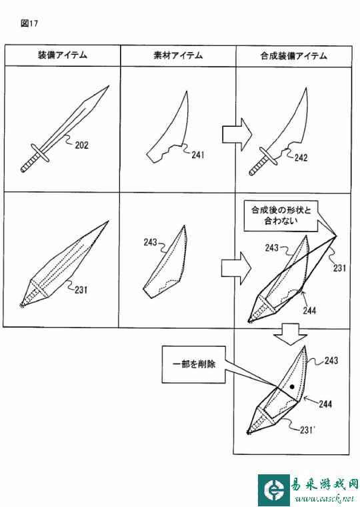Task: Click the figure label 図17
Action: [29, 23]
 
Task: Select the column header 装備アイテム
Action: [63, 55]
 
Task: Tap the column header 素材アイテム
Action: [178, 55]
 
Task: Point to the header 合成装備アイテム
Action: [294, 55]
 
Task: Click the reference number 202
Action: [81, 145]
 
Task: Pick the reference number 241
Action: [198, 155]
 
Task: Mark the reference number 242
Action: [301, 158]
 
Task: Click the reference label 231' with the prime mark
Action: [307, 430]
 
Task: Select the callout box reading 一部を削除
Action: [193, 364]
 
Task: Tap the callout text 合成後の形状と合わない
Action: [281, 215]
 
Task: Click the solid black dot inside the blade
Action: [292, 386]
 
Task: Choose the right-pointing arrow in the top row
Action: [237, 134]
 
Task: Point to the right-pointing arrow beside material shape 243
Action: [236, 268]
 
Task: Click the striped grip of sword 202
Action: [30, 163]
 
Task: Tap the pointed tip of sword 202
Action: [108, 86]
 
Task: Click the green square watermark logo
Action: [274, 490]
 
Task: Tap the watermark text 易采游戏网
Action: [325, 484]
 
